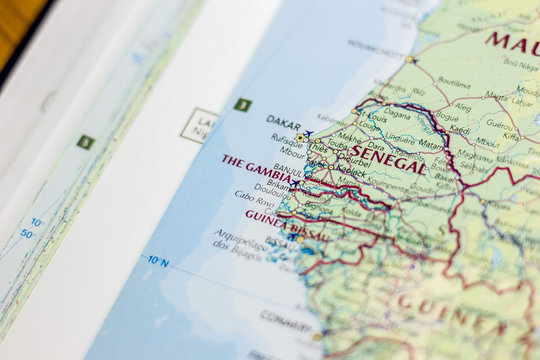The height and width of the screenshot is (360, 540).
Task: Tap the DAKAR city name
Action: point(283,121)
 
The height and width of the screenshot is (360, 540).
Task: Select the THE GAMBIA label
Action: point(257,167)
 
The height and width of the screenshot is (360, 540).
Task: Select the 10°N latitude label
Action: point(157,261)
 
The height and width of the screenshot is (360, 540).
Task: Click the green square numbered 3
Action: point(242,104)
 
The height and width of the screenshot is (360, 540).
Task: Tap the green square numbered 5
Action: point(86,142)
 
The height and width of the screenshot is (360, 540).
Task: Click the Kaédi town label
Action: point(459,129)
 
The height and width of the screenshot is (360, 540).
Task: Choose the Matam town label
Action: point(431,144)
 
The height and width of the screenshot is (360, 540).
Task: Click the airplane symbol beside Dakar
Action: point(309,133)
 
